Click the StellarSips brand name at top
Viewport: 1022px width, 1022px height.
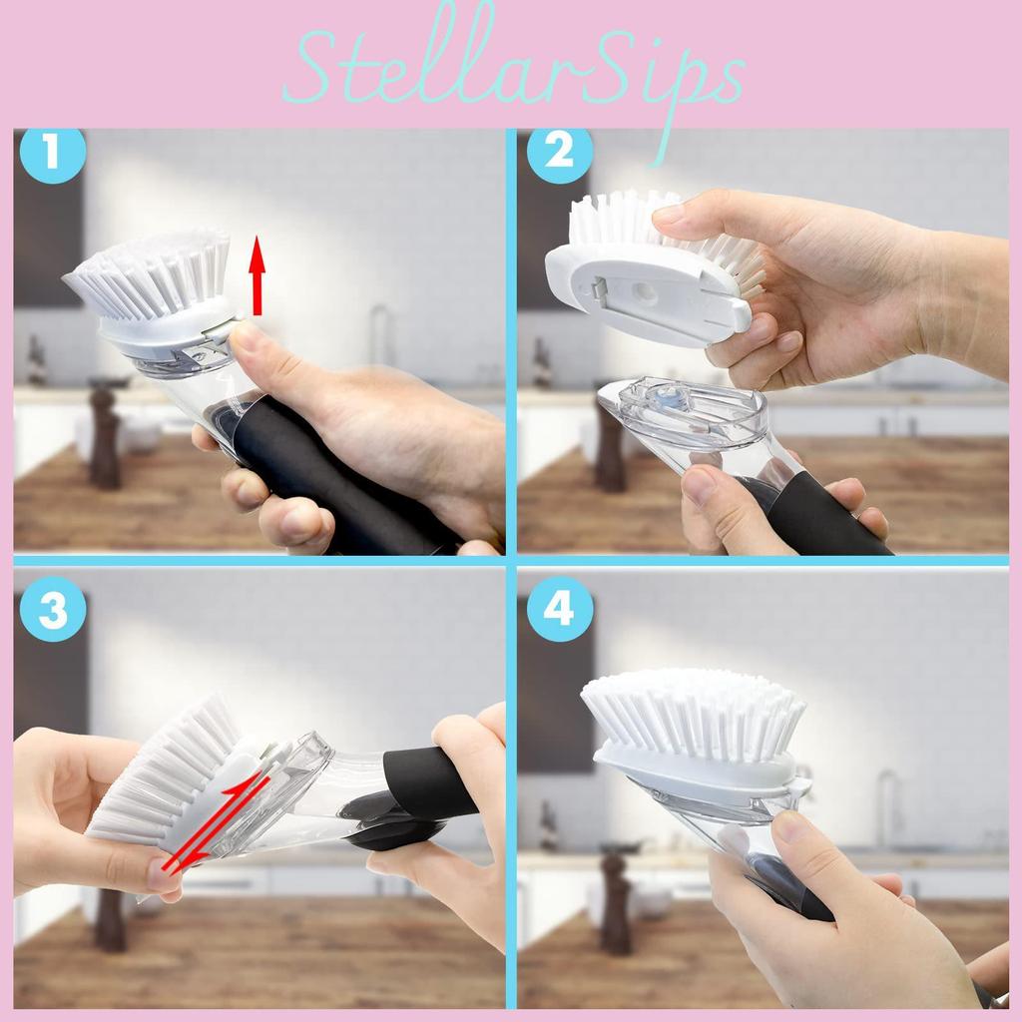[513, 68]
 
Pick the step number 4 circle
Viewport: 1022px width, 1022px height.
[559, 609]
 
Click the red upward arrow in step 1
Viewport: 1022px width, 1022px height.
[257, 273]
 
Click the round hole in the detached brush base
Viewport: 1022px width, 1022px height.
[644, 292]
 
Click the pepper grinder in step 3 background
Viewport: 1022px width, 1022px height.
[110, 918]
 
